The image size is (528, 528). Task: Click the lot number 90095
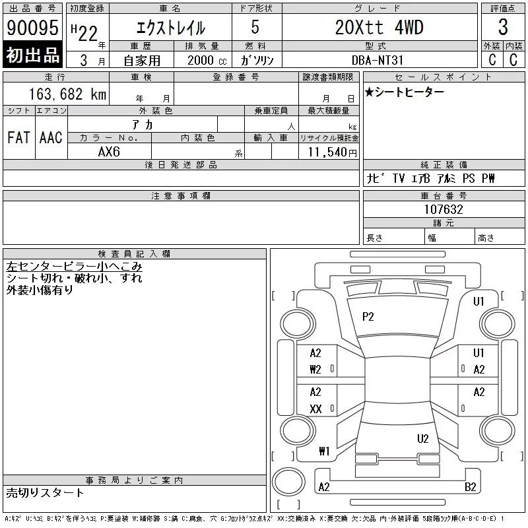click(32, 27)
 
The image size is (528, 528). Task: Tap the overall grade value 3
click(503, 27)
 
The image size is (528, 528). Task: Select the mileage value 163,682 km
click(67, 94)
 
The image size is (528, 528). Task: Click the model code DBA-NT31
click(377, 60)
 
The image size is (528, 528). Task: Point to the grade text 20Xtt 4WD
click(379, 27)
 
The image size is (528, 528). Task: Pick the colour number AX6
click(109, 152)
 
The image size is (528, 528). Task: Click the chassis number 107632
click(444, 209)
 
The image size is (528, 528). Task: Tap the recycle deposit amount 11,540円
click(332, 152)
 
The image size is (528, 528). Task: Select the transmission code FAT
click(19, 137)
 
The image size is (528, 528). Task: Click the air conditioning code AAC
click(51, 137)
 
